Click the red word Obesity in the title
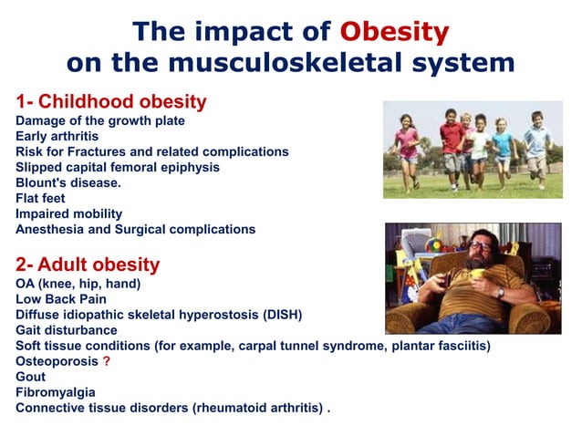394,32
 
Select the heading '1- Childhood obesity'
111,101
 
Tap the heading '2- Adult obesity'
88,265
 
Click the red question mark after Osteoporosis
107,360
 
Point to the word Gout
30,376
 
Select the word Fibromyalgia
55,391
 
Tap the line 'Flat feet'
44,198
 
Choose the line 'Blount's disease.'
69,182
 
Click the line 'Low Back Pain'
61,298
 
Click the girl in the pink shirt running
408,146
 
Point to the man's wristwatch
500,292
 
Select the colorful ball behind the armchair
428,245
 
